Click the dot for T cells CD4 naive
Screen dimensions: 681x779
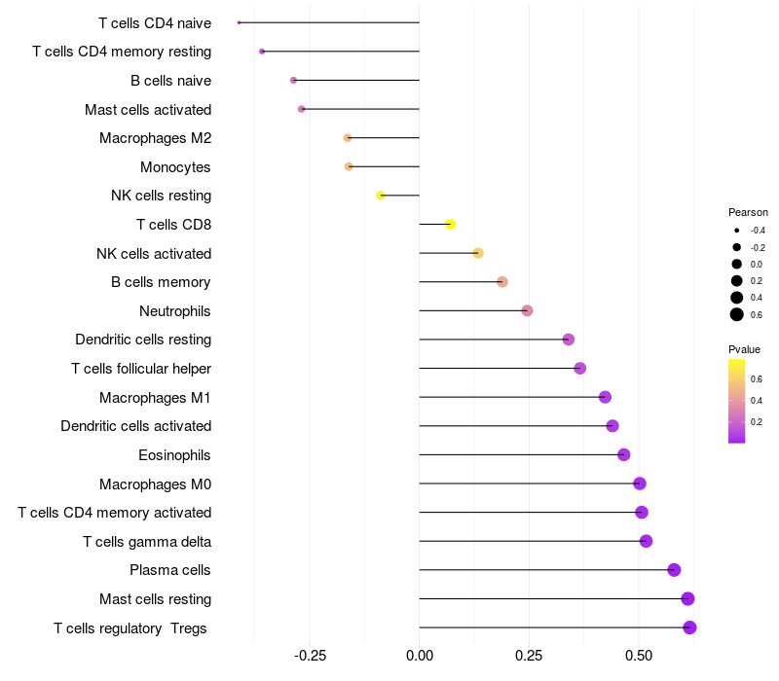coord(239,22)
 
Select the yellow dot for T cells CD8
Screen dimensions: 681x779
coord(450,225)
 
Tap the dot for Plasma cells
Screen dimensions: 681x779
coord(674,570)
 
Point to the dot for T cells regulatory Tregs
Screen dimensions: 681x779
coord(689,627)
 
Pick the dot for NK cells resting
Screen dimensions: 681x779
coord(381,196)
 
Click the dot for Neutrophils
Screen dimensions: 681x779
coord(527,311)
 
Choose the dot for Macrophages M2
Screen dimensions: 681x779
coord(348,138)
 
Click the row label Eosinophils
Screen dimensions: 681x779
coord(174,454)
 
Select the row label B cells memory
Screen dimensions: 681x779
coord(161,282)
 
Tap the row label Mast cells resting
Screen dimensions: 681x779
coord(155,598)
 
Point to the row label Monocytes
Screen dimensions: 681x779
coord(175,167)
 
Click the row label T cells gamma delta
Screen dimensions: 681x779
coord(147,541)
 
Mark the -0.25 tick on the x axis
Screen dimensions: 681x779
coord(310,656)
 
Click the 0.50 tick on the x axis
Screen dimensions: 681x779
coord(639,656)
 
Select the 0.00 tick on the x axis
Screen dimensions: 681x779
coord(419,656)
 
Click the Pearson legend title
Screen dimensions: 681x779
coord(748,212)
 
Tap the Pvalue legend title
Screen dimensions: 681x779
coord(744,349)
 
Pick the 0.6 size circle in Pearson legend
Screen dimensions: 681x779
coord(737,313)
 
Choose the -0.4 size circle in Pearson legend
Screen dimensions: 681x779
coord(737,231)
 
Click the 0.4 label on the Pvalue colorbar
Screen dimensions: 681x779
coord(757,400)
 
